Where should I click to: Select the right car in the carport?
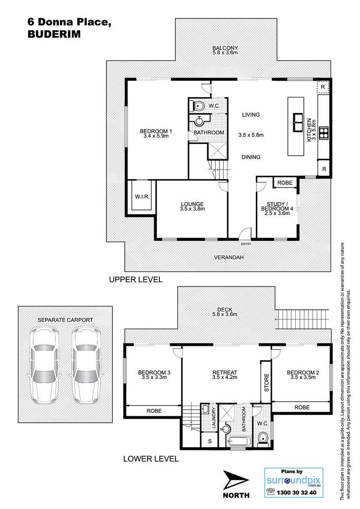(85, 365)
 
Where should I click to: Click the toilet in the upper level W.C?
(198, 106)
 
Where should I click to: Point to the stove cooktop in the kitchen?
(323, 133)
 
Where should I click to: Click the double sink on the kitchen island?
(298, 122)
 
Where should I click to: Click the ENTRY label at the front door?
(246, 244)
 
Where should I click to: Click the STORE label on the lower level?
(267, 383)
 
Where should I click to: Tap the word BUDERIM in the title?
(54, 34)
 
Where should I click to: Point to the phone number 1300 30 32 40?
(296, 493)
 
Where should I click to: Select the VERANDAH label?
(229, 257)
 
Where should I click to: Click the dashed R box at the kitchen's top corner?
(323, 87)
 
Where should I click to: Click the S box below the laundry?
(210, 441)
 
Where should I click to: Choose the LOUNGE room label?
(193, 204)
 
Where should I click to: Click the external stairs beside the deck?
(302, 319)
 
